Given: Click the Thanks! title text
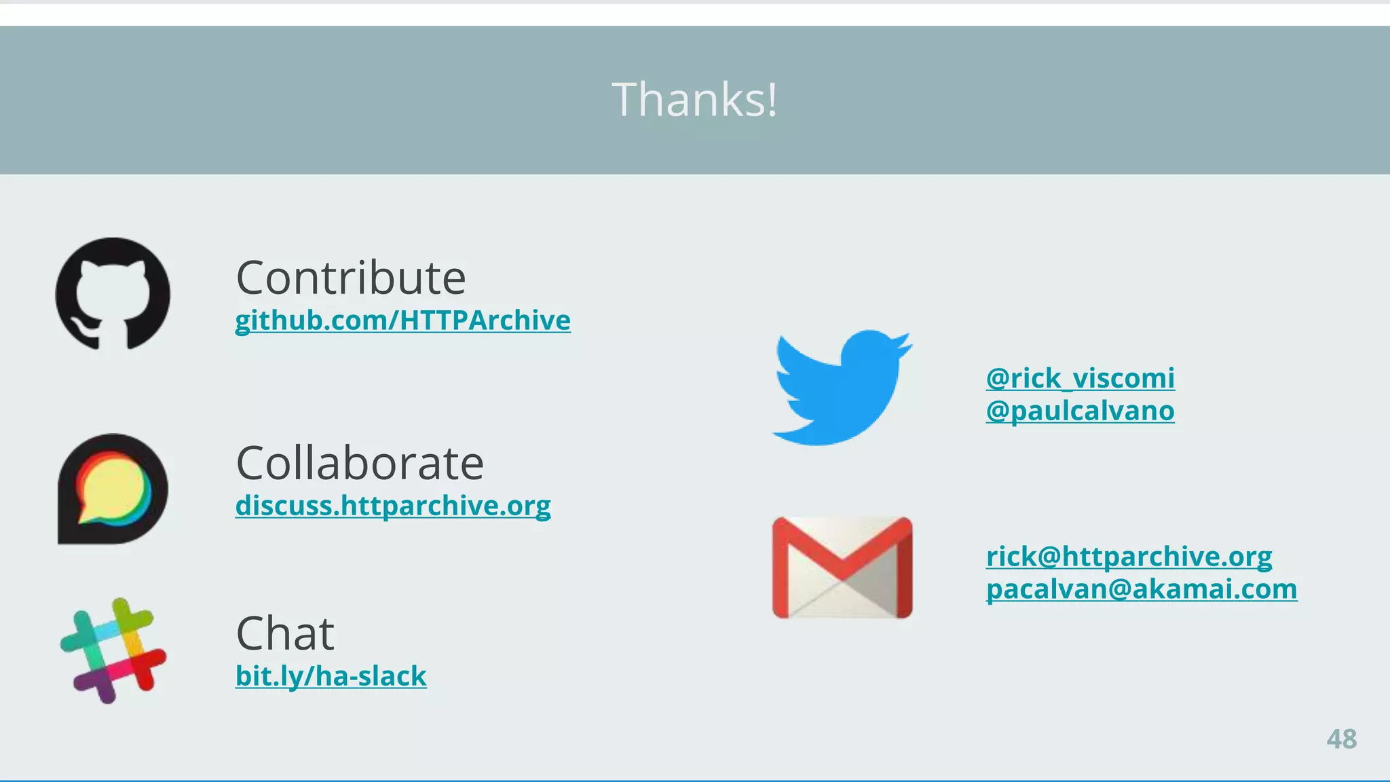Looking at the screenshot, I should pyautogui.click(x=694, y=99).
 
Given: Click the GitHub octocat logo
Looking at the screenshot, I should pyautogui.click(x=113, y=293).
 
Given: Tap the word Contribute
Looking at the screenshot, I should pyautogui.click(x=350, y=278).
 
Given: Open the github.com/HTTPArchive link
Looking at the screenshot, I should pyautogui.click(x=402, y=320).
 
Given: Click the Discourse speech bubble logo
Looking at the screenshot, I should pyautogui.click(x=113, y=489).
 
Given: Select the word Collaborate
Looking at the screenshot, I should pyautogui.click(x=360, y=463).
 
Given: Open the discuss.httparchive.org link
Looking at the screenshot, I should pyautogui.click(x=393, y=506).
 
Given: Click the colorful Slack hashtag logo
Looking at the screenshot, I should pyautogui.click(x=113, y=650).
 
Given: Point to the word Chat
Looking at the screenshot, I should pyautogui.click(x=285, y=633).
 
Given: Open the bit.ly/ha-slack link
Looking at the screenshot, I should pyautogui.click(x=331, y=676).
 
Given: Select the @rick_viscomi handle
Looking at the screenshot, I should pyautogui.click(x=1080, y=378).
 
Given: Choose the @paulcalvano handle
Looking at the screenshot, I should pyautogui.click(x=1080, y=411).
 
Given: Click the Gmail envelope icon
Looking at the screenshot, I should pyautogui.click(x=842, y=567).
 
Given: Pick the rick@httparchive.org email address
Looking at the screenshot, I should pyautogui.click(x=1129, y=556).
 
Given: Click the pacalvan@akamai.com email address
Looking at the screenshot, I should pyautogui.click(x=1141, y=589).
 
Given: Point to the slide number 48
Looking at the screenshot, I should pyautogui.click(x=1341, y=739).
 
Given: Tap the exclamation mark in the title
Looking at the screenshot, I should pyautogui.click(x=772, y=99).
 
